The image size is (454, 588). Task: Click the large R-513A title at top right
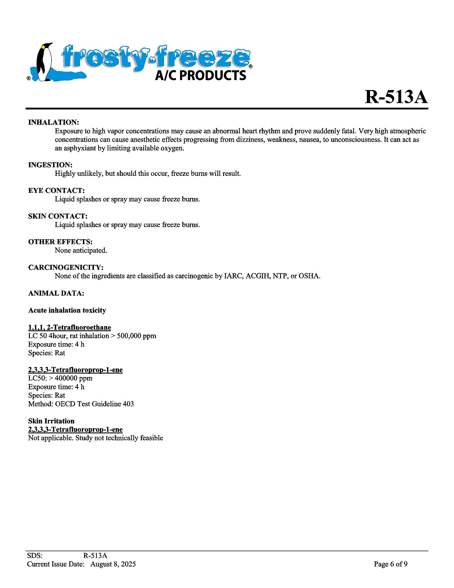pos(396,97)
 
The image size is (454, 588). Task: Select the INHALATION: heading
pos(54,122)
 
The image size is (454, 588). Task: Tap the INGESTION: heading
pos(51,165)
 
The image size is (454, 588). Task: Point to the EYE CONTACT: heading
pos(57,191)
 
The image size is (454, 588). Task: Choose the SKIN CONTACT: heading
pos(58,216)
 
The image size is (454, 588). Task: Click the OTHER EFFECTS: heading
pos(60,242)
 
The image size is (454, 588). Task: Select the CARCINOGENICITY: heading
pos(66,268)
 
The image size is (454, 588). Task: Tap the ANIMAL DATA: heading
pos(56,294)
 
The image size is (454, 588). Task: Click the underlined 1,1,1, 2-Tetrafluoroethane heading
pos(70,327)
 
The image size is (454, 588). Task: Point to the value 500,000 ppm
pos(137,336)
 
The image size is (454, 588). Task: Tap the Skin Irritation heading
pos(52,421)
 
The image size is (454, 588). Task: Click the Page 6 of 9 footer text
pos(390,564)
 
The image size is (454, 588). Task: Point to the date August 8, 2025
pos(113,564)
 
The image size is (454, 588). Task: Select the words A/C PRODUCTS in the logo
pos(201,75)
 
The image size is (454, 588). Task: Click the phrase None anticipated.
pos(81,251)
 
